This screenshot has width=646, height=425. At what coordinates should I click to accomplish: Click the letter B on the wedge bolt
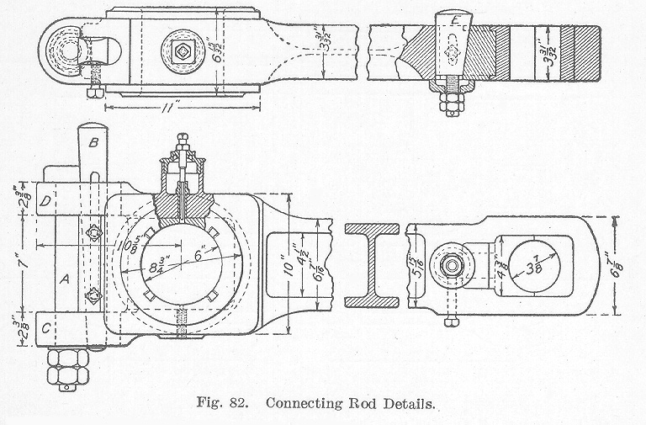pos(93,142)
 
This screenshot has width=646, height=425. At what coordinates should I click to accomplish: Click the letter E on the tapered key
pos(455,20)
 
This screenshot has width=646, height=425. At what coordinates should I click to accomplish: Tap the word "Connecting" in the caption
pos(302,402)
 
